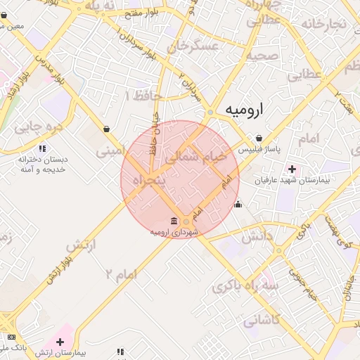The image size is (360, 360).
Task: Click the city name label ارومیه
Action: [245, 110]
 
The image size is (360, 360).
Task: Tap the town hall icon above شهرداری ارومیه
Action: [174, 221]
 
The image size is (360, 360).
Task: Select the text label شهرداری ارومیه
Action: [174, 232]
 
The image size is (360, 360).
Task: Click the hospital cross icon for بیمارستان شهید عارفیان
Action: [292, 169]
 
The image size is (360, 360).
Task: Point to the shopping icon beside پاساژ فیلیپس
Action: [259, 138]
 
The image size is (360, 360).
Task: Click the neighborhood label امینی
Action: [110, 149]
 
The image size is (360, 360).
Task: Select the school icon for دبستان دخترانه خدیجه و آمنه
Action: [41, 148]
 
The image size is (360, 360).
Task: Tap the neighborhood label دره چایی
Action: [39, 127]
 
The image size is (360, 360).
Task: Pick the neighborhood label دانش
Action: [257, 238]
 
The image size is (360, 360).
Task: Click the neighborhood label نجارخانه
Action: [324, 25]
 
